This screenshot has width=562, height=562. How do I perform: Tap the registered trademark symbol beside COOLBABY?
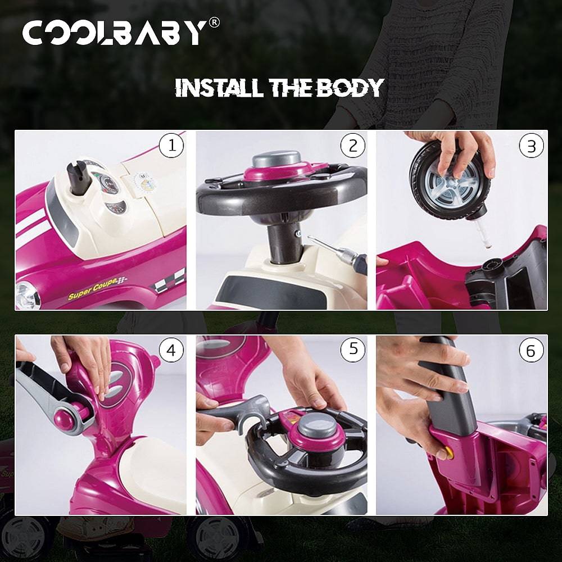coord(214,23)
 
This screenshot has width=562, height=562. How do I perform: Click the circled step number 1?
coord(171,146)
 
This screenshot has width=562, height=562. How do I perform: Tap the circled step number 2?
coord(353,146)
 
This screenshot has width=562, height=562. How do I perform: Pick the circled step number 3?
coord(531,146)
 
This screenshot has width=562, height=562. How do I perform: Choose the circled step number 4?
coord(171,351)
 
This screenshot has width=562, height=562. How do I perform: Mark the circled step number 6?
coord(531,351)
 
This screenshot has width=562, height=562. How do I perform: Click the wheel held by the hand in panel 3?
coord(449,179)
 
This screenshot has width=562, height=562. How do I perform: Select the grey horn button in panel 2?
coord(276,159)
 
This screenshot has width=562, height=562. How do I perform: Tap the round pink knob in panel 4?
coord(66,419)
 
